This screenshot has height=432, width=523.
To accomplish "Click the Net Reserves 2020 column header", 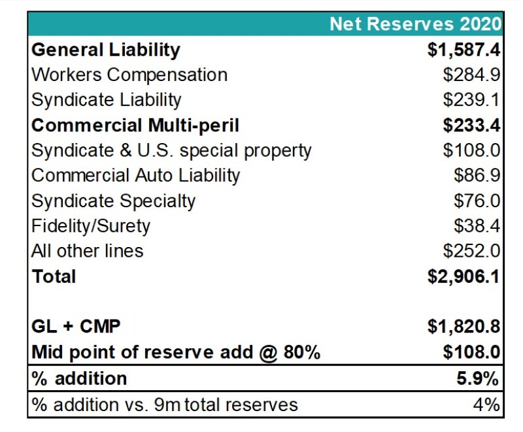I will [415, 25].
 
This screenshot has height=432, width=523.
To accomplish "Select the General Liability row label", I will [106, 50].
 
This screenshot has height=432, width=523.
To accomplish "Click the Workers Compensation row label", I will [129, 75].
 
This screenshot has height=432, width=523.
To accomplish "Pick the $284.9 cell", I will [471, 75].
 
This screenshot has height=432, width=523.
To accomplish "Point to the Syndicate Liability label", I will [107, 100].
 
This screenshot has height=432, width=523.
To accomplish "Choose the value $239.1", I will [471, 100].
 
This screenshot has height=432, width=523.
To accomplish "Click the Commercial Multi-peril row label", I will [135, 125].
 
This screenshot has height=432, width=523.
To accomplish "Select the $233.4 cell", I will [471, 125].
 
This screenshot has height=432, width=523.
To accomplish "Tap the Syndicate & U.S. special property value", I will [471, 150].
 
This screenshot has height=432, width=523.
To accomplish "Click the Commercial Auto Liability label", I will [136, 176].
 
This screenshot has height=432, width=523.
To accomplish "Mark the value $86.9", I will [477, 176].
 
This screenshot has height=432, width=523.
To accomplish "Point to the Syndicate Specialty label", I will [114, 201].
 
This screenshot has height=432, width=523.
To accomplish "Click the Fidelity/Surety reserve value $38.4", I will [477, 226].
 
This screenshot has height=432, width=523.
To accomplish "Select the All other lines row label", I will [88, 251].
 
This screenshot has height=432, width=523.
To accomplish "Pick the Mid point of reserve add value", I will [471, 352].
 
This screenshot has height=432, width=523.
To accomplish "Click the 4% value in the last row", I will [487, 405].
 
